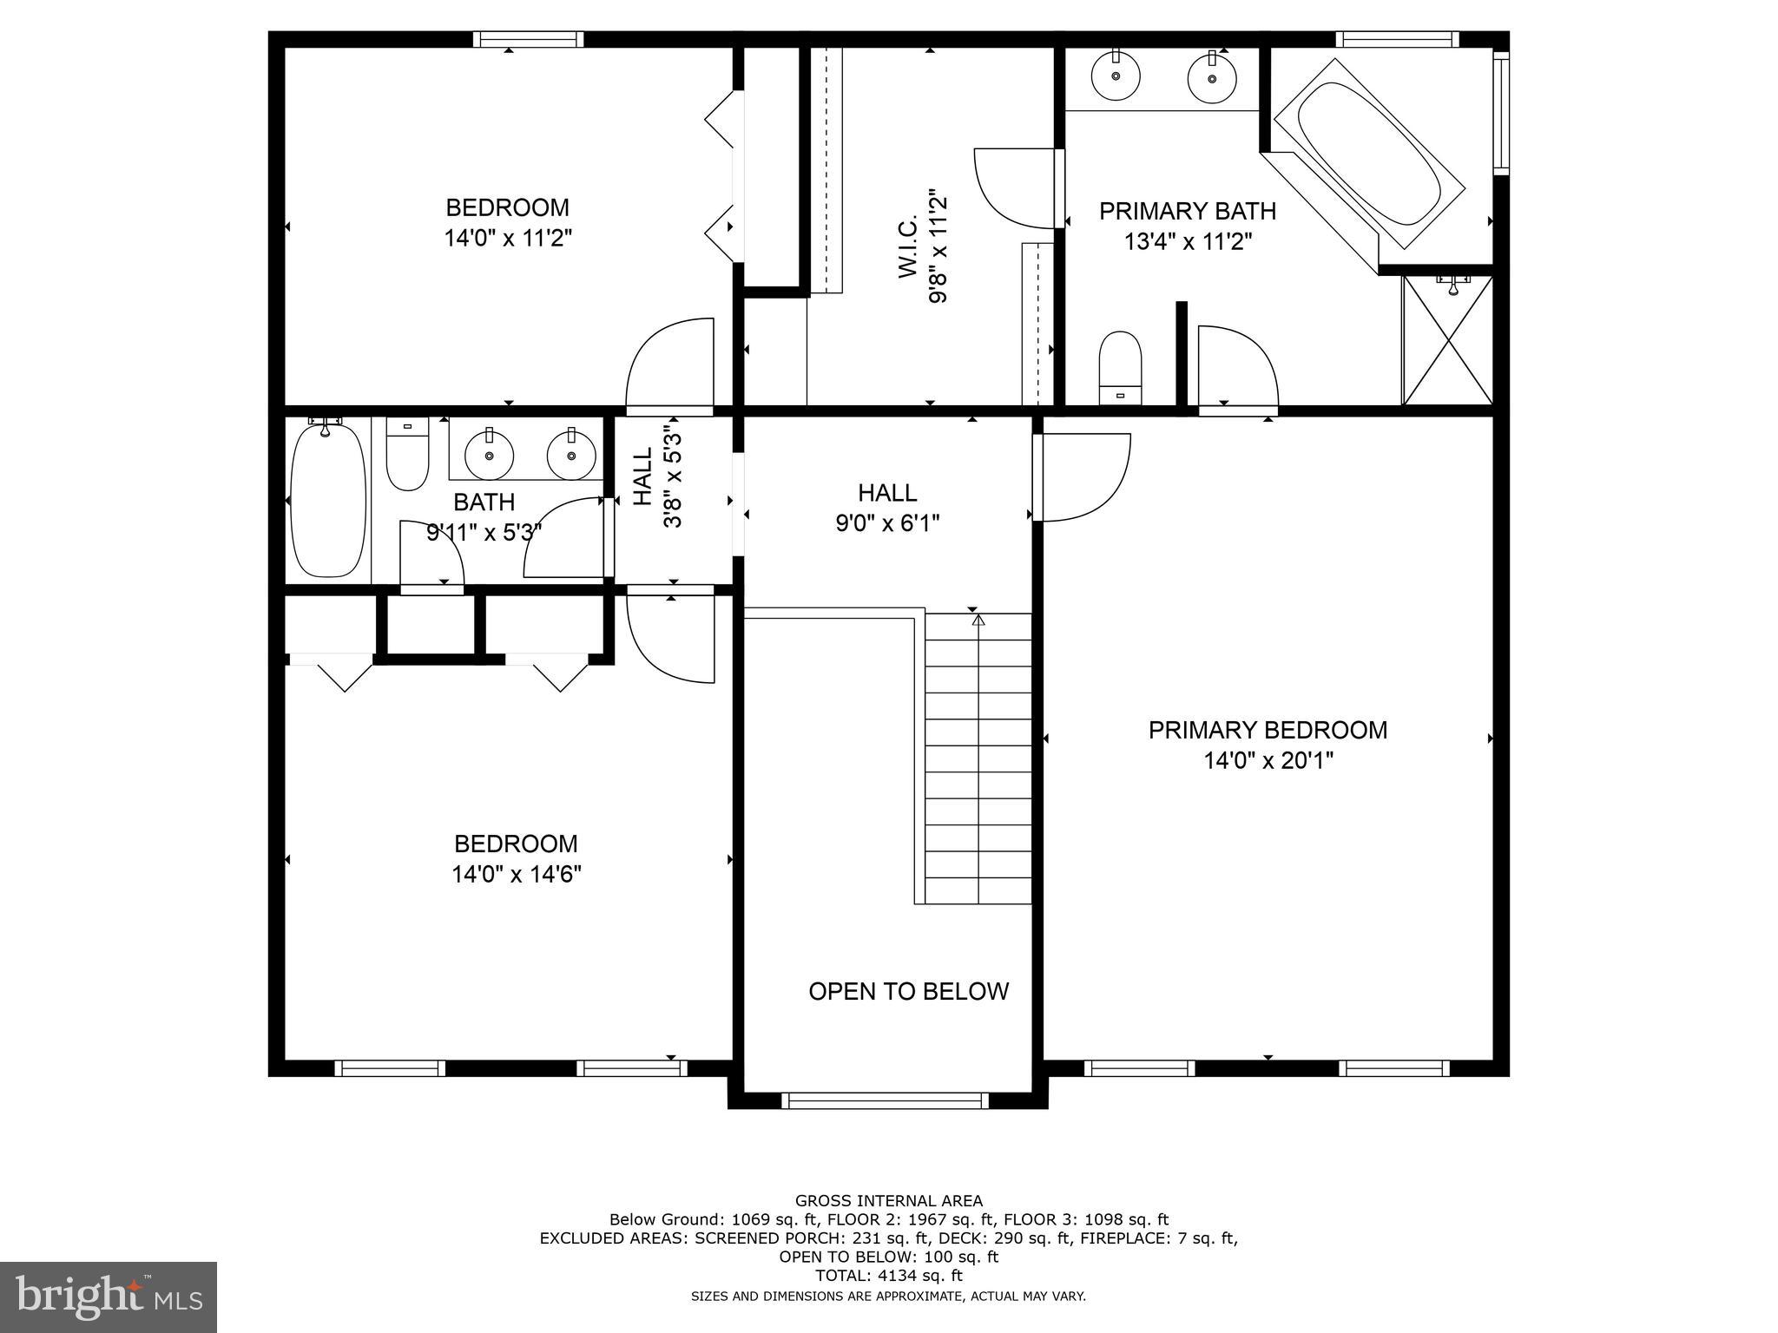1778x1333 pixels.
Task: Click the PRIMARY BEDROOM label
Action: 1268,730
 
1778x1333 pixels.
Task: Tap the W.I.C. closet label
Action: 908,247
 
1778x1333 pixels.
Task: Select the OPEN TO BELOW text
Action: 908,991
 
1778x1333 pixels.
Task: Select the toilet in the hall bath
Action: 407,455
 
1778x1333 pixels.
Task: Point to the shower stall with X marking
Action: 1448,340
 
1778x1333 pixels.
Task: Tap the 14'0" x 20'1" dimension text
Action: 1268,761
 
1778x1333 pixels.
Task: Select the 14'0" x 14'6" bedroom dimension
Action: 516,874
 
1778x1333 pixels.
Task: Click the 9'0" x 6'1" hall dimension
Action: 887,523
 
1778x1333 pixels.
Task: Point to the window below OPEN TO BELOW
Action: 885,1100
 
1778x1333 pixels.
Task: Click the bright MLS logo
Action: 109,1297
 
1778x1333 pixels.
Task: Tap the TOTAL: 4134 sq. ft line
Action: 888,1276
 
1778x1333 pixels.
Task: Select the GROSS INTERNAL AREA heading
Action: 888,1201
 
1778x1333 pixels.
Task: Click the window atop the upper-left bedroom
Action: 528,39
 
